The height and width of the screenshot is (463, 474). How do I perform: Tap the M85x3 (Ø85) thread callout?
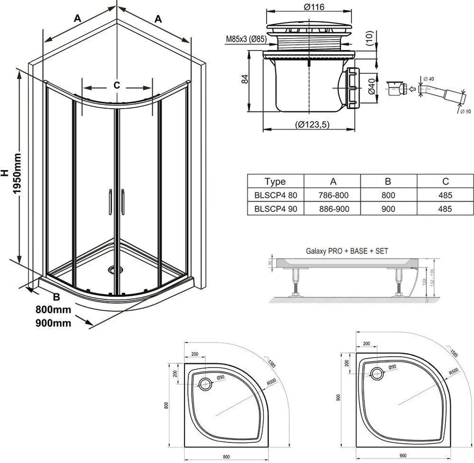[245, 39]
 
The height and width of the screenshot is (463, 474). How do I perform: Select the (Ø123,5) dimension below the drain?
[312, 124]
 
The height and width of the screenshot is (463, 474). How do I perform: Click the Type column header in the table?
[275, 182]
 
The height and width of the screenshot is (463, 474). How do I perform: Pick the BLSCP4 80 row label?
[275, 195]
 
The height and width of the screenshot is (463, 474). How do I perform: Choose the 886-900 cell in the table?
[333, 209]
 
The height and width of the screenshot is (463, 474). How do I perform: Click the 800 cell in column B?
[388, 195]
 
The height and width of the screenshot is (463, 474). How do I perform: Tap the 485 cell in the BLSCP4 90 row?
[445, 209]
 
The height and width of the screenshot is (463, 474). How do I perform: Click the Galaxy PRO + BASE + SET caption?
[347, 251]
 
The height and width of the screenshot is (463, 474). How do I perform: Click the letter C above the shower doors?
[117, 85]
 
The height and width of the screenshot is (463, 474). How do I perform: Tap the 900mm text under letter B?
[53, 323]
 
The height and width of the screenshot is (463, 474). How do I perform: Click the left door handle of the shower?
[110, 201]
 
